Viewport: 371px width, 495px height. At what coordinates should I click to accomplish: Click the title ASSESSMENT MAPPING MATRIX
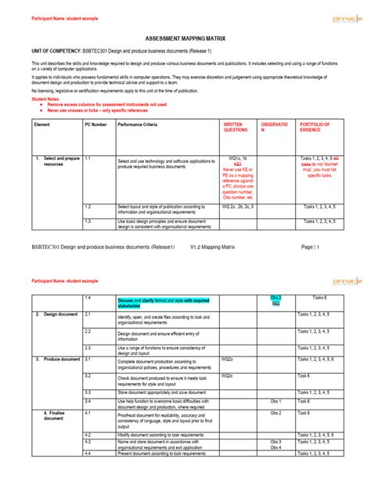tap(185, 38)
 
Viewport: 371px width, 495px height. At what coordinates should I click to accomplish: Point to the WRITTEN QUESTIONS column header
tap(236, 128)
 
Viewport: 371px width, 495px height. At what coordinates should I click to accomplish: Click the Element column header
tap(42, 125)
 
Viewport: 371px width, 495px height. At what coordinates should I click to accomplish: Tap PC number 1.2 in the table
tap(88, 207)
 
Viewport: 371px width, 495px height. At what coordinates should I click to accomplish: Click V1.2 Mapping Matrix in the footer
tap(218, 246)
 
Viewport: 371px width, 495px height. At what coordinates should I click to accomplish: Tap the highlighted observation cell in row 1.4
tap(276, 302)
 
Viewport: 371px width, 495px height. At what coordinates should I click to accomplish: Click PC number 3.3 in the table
tap(88, 390)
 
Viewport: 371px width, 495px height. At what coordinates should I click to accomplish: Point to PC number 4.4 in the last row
tap(88, 453)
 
